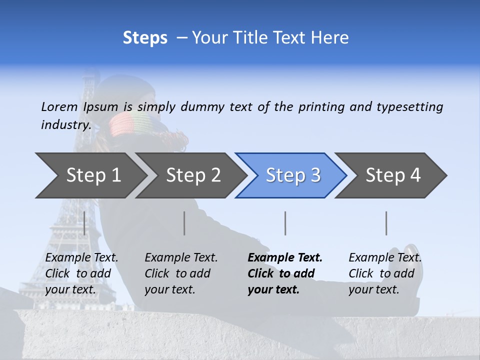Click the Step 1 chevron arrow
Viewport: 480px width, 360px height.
pos(90,175)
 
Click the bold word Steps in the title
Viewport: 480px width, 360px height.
pos(145,37)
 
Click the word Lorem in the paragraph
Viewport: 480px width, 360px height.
pos(59,106)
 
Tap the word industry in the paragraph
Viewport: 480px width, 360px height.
pos(65,125)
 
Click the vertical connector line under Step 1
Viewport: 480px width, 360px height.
pos(84,223)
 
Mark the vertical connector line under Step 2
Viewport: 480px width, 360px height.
pos(184,223)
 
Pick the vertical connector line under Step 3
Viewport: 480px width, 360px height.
pos(285,223)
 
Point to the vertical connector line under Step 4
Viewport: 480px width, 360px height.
pos(386,223)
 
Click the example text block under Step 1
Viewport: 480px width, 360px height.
pos(81,273)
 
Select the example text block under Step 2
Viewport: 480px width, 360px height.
pos(181,273)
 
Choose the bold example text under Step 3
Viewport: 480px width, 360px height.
pos(285,273)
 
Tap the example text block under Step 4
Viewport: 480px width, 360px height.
pos(385,273)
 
